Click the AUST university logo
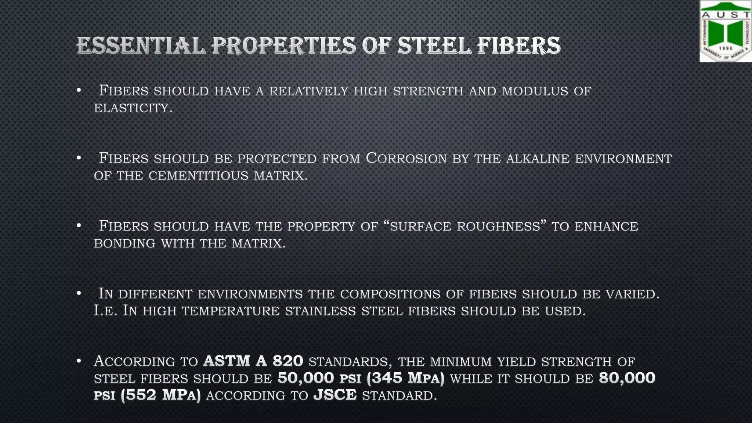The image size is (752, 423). click(725, 32)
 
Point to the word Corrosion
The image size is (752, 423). click(406, 158)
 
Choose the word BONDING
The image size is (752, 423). click(124, 243)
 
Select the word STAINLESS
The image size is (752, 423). click(321, 311)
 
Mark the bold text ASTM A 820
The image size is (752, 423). click(253, 361)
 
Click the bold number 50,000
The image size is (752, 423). click(305, 378)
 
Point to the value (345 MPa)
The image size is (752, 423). click(405, 378)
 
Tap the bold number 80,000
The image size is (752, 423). click(627, 378)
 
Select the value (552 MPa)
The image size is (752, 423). click(160, 395)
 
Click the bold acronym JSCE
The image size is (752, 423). click(335, 395)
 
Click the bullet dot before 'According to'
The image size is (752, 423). click(79, 361)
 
